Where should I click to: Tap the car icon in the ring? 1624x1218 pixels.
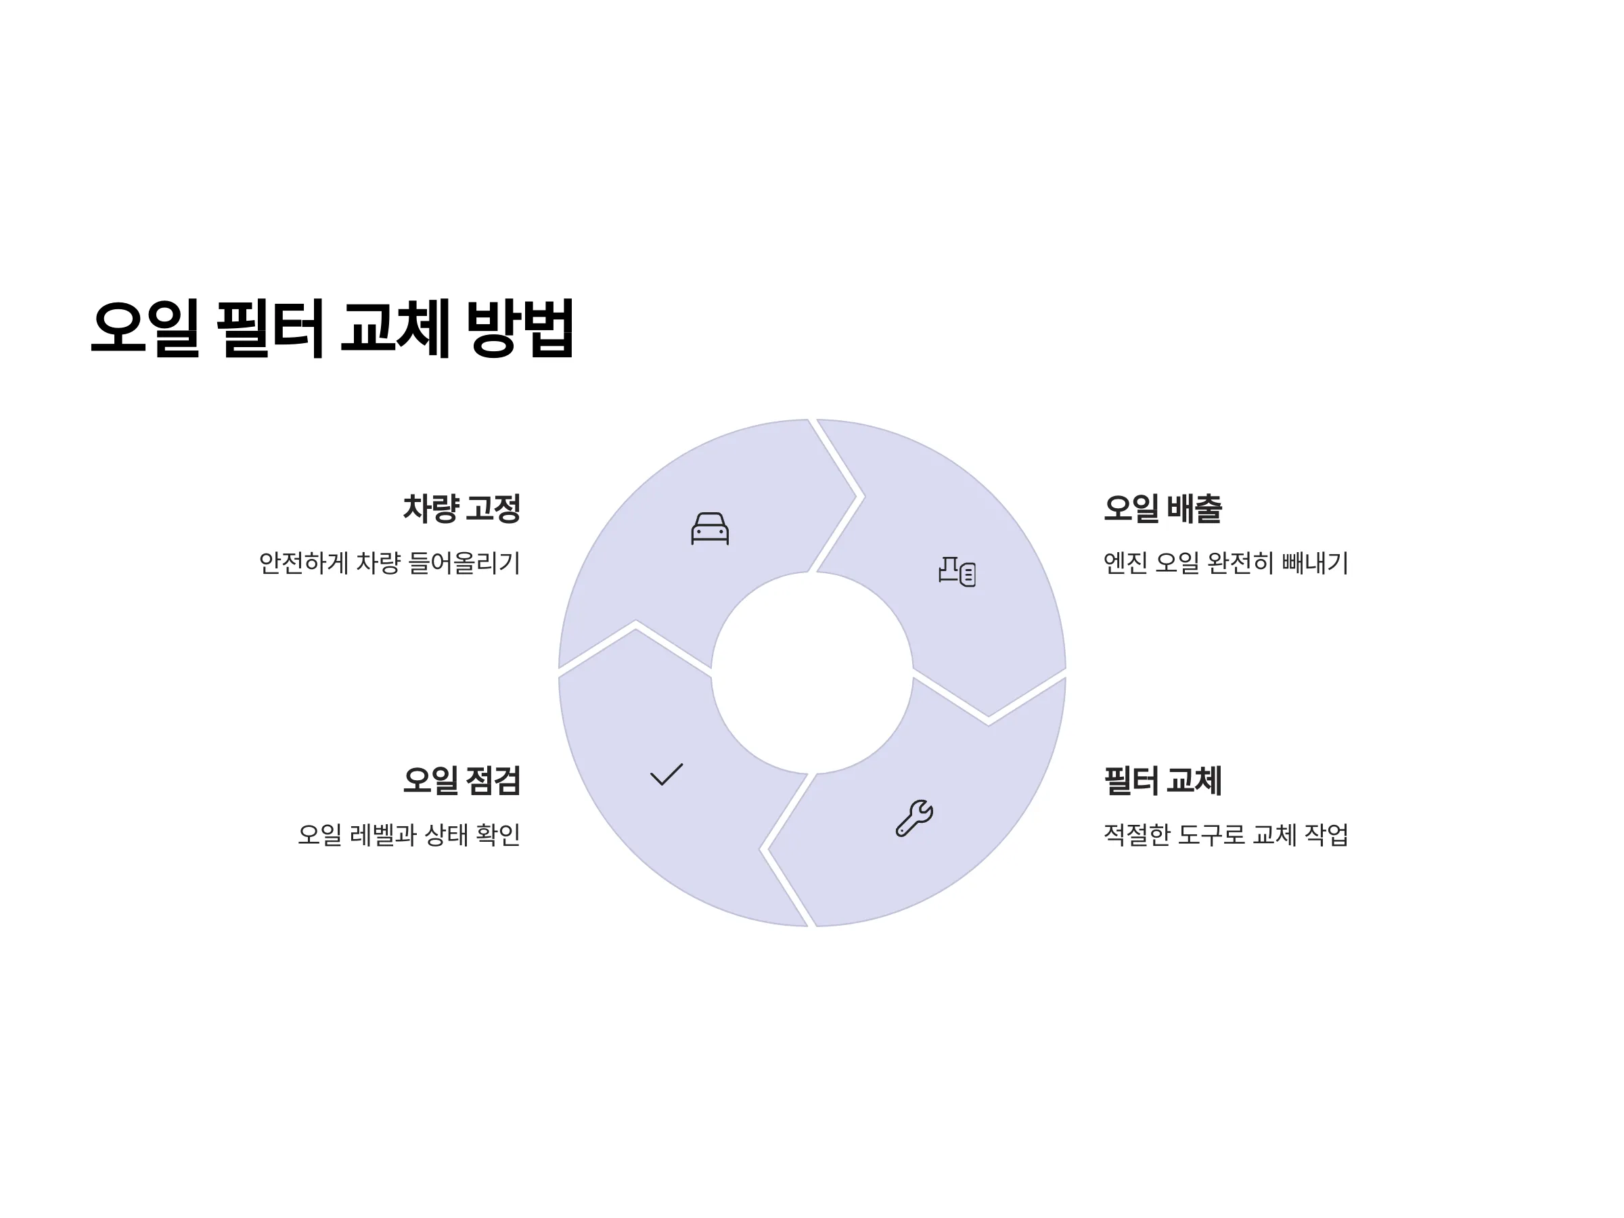coord(710,528)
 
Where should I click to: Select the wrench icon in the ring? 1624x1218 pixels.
coord(914,818)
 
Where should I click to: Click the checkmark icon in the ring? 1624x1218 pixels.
coord(667,775)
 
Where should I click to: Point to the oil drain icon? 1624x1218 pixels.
coord(957,571)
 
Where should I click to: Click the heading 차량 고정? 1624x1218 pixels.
coord(461,509)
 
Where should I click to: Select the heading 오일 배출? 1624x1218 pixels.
coord(1163,509)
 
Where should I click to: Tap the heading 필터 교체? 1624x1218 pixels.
coord(1163,780)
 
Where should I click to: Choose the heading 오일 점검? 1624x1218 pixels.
coord(461,780)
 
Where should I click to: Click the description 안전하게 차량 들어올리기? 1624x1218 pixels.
coord(390,563)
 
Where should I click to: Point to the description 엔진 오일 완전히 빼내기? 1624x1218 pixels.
coord(1226,563)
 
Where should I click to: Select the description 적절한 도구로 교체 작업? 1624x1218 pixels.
coord(1226,835)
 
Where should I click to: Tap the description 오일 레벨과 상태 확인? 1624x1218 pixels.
coord(409,835)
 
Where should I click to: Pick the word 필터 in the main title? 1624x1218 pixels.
coord(270,328)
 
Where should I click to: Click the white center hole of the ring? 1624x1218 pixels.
coord(812,673)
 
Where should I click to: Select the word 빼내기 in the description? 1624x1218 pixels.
coord(1315,563)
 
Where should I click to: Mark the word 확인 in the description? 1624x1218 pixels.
coord(499,835)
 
